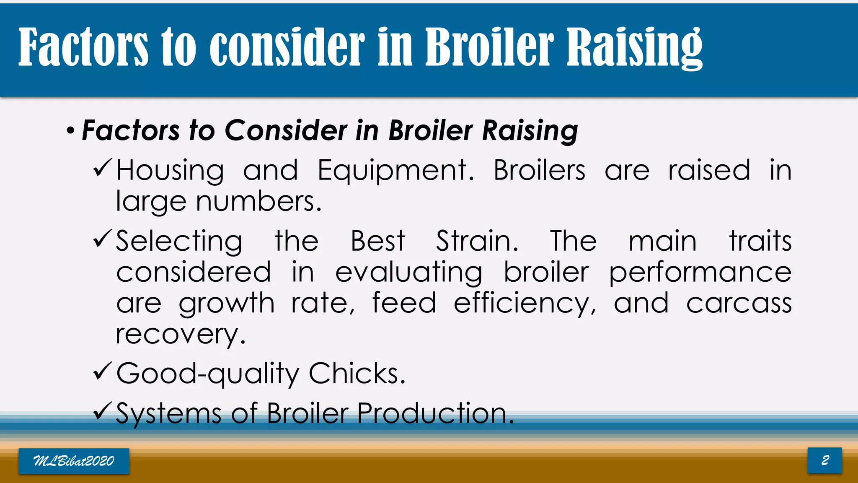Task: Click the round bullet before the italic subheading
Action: [x=71, y=131]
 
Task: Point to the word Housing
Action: [x=170, y=171]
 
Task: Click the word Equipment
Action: [x=395, y=171]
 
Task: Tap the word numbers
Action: [x=258, y=201]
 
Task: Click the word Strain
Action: [x=477, y=241]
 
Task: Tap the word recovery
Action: [x=180, y=335]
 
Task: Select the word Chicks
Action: [x=357, y=373]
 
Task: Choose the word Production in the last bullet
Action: [x=435, y=413]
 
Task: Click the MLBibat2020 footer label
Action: [x=74, y=461]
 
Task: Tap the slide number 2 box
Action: [x=824, y=460]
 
